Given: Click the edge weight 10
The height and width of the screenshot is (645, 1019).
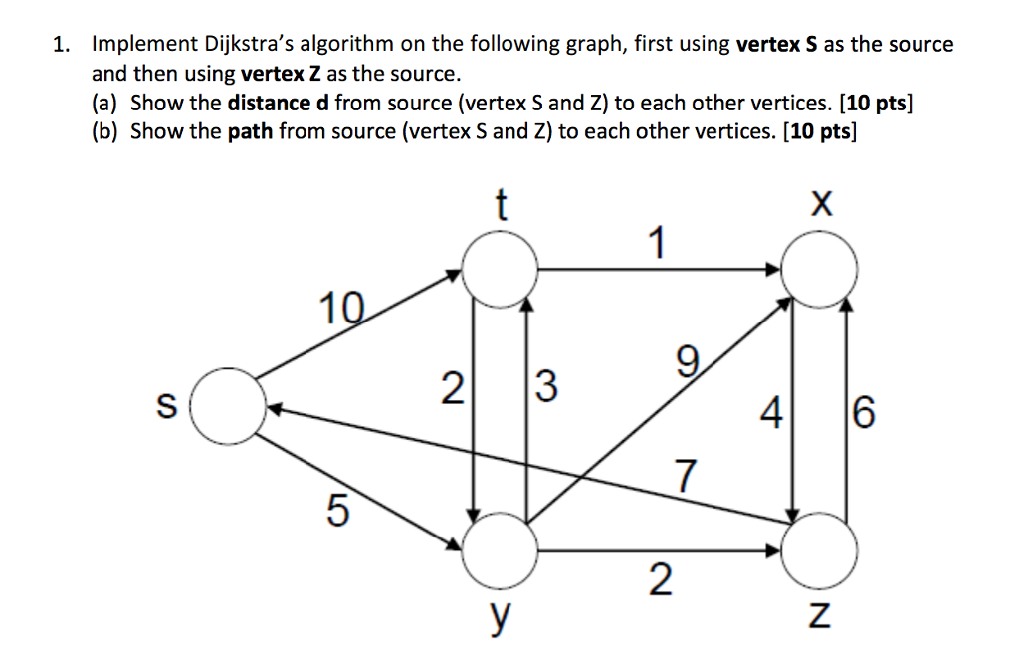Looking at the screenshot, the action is click(341, 308).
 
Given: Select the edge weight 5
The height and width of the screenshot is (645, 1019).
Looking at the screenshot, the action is click(338, 509).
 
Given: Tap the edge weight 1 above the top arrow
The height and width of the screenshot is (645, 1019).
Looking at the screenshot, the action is click(658, 242).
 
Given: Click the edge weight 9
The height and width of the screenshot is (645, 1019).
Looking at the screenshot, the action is click(687, 361).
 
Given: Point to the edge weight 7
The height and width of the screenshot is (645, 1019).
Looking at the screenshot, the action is click(686, 476).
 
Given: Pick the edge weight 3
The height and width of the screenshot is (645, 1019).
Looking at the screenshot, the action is click(546, 386).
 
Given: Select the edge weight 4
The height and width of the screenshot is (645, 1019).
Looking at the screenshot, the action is click(771, 412).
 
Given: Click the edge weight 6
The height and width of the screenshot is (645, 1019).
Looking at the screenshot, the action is click(863, 412).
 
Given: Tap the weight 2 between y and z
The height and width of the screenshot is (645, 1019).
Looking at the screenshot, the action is click(661, 580).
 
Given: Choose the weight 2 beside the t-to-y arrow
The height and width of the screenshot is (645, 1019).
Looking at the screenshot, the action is click(453, 388).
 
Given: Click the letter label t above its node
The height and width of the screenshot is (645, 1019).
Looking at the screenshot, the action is click(501, 205).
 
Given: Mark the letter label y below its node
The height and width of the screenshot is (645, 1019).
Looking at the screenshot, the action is click(500, 618).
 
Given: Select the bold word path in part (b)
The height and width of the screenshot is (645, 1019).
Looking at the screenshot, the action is click(250, 132).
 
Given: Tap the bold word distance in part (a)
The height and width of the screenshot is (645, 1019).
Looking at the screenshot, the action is click(269, 103).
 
